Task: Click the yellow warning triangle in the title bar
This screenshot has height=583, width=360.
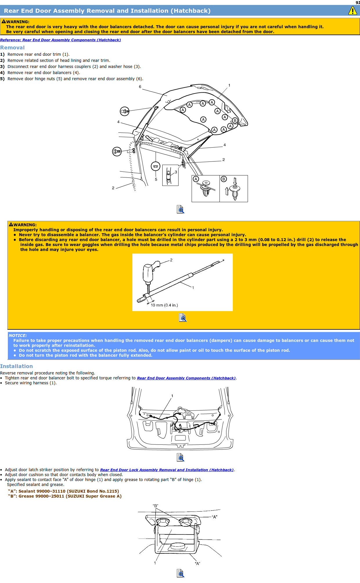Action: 352,11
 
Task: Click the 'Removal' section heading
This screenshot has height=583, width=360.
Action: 12,48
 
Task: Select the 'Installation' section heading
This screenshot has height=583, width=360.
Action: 17,366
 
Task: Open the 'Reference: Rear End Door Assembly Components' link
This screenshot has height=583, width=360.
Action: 60,40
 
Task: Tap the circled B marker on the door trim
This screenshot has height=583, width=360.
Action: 235,121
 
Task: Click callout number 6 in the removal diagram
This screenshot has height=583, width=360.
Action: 140,87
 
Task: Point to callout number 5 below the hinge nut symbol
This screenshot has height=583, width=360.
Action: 156,180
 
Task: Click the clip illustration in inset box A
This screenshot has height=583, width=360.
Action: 206,189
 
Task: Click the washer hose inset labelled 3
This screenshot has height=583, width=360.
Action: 170,175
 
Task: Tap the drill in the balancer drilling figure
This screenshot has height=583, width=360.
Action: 149,273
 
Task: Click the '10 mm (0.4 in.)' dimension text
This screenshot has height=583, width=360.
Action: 164,305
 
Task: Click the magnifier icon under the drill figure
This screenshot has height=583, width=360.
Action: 182,318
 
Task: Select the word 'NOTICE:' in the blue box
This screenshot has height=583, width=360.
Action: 18,336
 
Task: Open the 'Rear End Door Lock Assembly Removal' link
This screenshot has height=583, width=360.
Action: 167,470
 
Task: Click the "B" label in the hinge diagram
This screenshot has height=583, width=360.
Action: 155,506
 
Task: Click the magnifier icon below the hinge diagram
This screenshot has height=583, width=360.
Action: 180,573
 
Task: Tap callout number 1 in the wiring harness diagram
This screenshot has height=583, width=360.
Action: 172,396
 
